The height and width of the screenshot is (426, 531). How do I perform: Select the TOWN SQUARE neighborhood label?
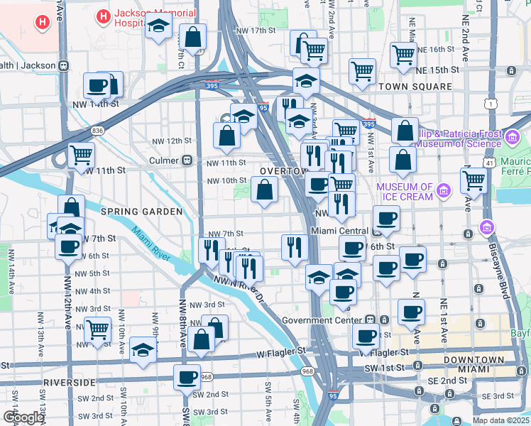click(x=415, y=87)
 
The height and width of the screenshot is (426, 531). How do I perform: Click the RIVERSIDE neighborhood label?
click(x=69, y=382)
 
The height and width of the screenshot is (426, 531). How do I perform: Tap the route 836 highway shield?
click(x=97, y=131)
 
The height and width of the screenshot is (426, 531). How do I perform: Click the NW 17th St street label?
click(x=256, y=31)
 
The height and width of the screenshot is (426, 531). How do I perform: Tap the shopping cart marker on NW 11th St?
click(x=81, y=154)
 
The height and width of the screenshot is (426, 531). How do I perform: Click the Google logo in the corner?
click(x=24, y=417)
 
